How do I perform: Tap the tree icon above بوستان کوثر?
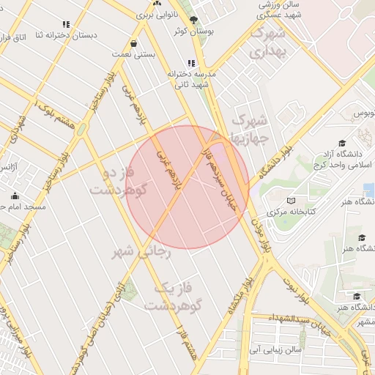[194, 21]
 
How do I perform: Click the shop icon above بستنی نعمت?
[133, 42]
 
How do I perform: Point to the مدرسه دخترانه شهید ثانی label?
[193, 79]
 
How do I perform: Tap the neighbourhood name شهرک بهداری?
[267, 43]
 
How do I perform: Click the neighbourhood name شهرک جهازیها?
[251, 128]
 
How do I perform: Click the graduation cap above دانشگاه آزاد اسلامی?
[341, 144]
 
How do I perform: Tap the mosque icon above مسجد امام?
[15, 196]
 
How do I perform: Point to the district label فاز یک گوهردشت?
[173, 297]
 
